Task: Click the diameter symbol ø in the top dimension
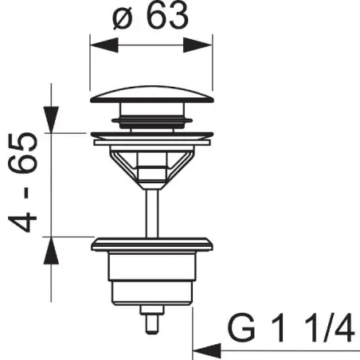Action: click(x=123, y=19)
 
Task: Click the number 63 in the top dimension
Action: click(x=167, y=15)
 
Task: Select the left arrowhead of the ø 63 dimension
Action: click(x=104, y=45)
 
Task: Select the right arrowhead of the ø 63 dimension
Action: click(x=198, y=45)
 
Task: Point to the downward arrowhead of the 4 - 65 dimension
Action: click(x=51, y=119)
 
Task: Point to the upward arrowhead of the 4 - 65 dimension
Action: click(x=51, y=251)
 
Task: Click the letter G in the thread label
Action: click(x=241, y=328)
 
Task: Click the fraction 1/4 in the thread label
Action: click(x=330, y=328)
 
